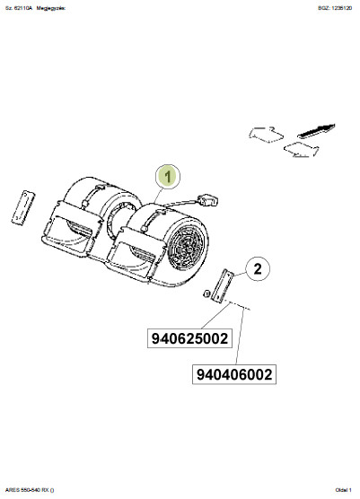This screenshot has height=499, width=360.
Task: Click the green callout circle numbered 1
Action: coord(168,177)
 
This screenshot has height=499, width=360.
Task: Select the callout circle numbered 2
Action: coord(257,269)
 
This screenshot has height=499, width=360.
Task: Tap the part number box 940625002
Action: coord(189,338)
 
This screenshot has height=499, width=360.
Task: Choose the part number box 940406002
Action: coord(234,374)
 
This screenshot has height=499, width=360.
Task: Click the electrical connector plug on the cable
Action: coord(208,200)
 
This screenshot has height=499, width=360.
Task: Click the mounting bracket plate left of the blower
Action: coord(23,207)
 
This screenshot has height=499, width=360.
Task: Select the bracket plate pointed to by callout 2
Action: coord(222,285)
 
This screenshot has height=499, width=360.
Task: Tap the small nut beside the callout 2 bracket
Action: coord(206,293)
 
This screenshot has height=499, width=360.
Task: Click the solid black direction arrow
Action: coord(316,130)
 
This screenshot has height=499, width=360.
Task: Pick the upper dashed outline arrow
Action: coord(266,135)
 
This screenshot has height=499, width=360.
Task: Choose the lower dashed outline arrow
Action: coord(301,150)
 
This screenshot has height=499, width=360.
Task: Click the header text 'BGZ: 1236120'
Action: coord(335,8)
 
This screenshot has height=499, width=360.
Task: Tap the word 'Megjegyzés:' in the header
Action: coord(51,8)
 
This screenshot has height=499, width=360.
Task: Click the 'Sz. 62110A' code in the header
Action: coord(19,8)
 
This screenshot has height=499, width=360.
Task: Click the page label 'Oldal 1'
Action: coord(344,490)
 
